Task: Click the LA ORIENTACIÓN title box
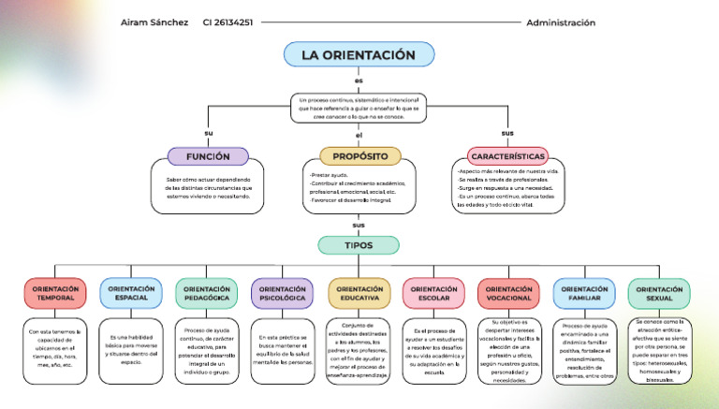click(x=359, y=55)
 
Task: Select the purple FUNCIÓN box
click(x=208, y=156)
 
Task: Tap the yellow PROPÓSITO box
click(x=359, y=156)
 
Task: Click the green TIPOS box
click(x=359, y=245)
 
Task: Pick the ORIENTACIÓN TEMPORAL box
click(x=55, y=294)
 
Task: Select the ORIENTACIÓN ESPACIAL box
click(x=131, y=294)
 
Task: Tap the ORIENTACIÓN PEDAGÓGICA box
click(x=207, y=294)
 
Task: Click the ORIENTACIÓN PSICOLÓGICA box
click(x=282, y=294)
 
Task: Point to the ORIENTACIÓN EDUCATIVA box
click(x=359, y=294)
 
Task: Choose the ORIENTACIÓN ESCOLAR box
click(x=433, y=294)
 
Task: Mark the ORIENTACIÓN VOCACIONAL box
click(x=508, y=294)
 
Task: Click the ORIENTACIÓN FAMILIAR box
click(x=584, y=294)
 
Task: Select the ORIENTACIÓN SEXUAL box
click(x=659, y=294)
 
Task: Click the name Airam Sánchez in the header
click(x=154, y=22)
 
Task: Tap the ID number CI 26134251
click(x=227, y=22)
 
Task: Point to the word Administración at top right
click(x=561, y=22)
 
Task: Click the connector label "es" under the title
click(x=359, y=80)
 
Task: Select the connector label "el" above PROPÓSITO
click(x=359, y=137)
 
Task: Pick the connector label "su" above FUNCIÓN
click(x=208, y=133)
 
